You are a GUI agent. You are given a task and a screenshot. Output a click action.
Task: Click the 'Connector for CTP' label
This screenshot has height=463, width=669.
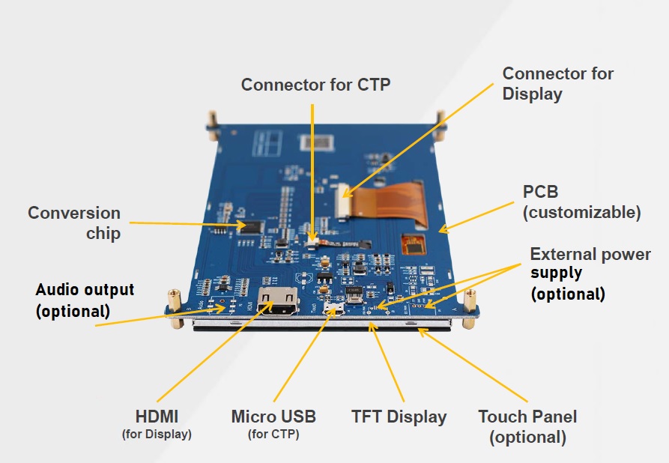[x=315, y=85]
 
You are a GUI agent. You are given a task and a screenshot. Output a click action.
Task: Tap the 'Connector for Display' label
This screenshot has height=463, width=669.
[x=557, y=83]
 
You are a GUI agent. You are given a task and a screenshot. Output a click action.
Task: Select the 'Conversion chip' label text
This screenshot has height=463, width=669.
[x=74, y=223]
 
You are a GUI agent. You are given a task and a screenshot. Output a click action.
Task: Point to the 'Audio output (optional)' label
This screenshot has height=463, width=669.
[x=85, y=300]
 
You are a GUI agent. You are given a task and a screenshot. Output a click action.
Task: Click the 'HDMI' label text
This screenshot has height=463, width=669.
[x=157, y=416]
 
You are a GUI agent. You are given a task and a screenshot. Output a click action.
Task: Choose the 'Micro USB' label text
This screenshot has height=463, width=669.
[x=273, y=417]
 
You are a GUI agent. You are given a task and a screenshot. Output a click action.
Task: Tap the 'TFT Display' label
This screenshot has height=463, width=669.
[x=399, y=417]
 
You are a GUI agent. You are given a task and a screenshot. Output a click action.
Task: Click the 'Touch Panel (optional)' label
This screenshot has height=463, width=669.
[x=527, y=426]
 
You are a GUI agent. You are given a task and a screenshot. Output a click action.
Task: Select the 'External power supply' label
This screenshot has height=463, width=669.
[x=590, y=273]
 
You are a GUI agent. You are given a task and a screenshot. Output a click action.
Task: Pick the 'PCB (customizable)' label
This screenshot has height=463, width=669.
[x=581, y=202]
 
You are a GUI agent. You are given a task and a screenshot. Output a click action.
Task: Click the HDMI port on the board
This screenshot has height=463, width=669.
[x=276, y=303]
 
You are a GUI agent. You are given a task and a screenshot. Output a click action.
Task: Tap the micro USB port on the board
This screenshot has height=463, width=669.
[x=333, y=308]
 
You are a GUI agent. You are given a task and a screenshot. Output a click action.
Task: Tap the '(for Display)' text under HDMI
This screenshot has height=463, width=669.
[x=157, y=434]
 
